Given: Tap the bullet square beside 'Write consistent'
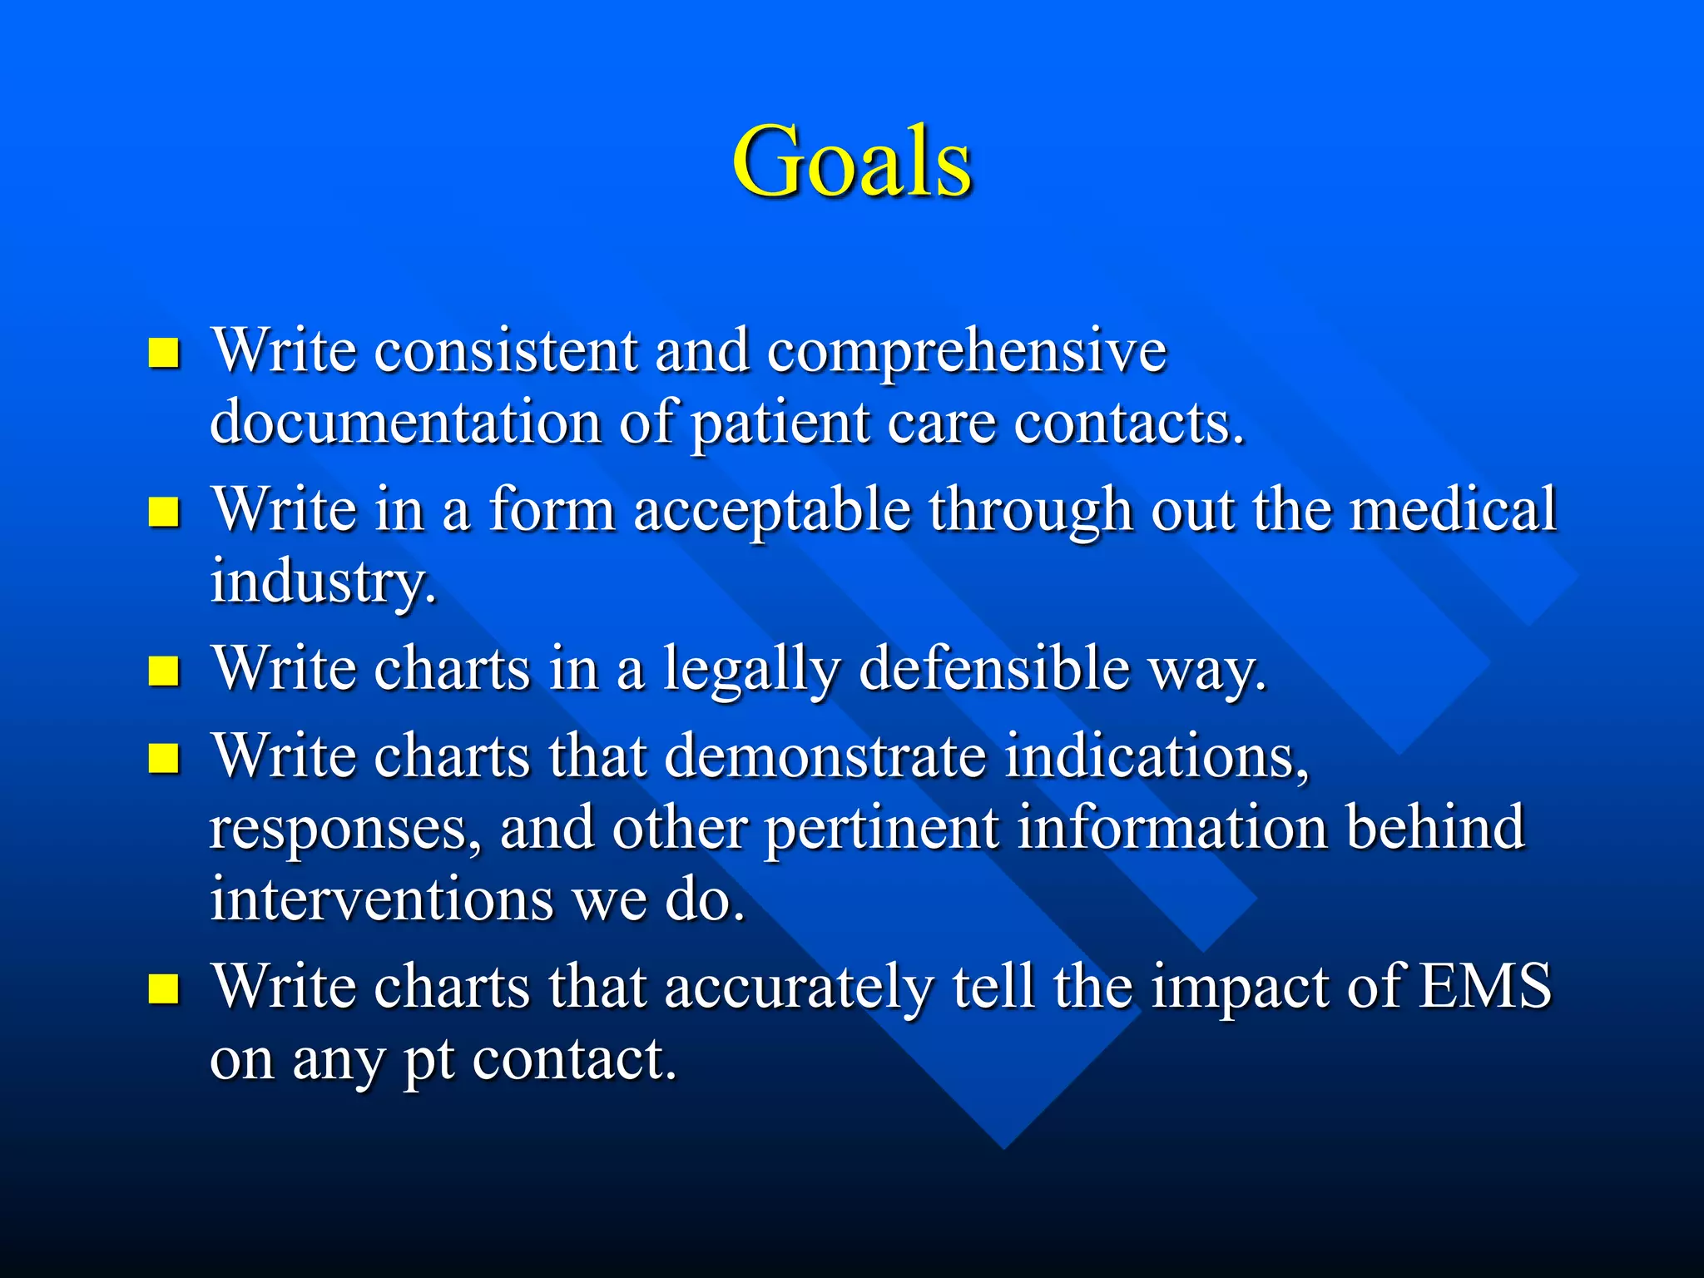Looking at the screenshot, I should point(164,353).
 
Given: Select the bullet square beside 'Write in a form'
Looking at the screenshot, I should point(164,513).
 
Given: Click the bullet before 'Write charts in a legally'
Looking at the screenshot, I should point(164,671).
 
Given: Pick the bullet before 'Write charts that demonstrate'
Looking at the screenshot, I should point(164,758).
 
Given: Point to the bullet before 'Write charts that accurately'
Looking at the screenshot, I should point(164,988).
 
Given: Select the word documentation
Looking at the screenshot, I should point(405,423).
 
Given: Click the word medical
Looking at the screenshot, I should point(1453,509).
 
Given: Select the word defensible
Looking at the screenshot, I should point(993,669).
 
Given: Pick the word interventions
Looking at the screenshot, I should point(381,900).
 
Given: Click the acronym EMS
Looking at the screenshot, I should point(1485,987).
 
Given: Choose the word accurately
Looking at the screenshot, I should point(799,988).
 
